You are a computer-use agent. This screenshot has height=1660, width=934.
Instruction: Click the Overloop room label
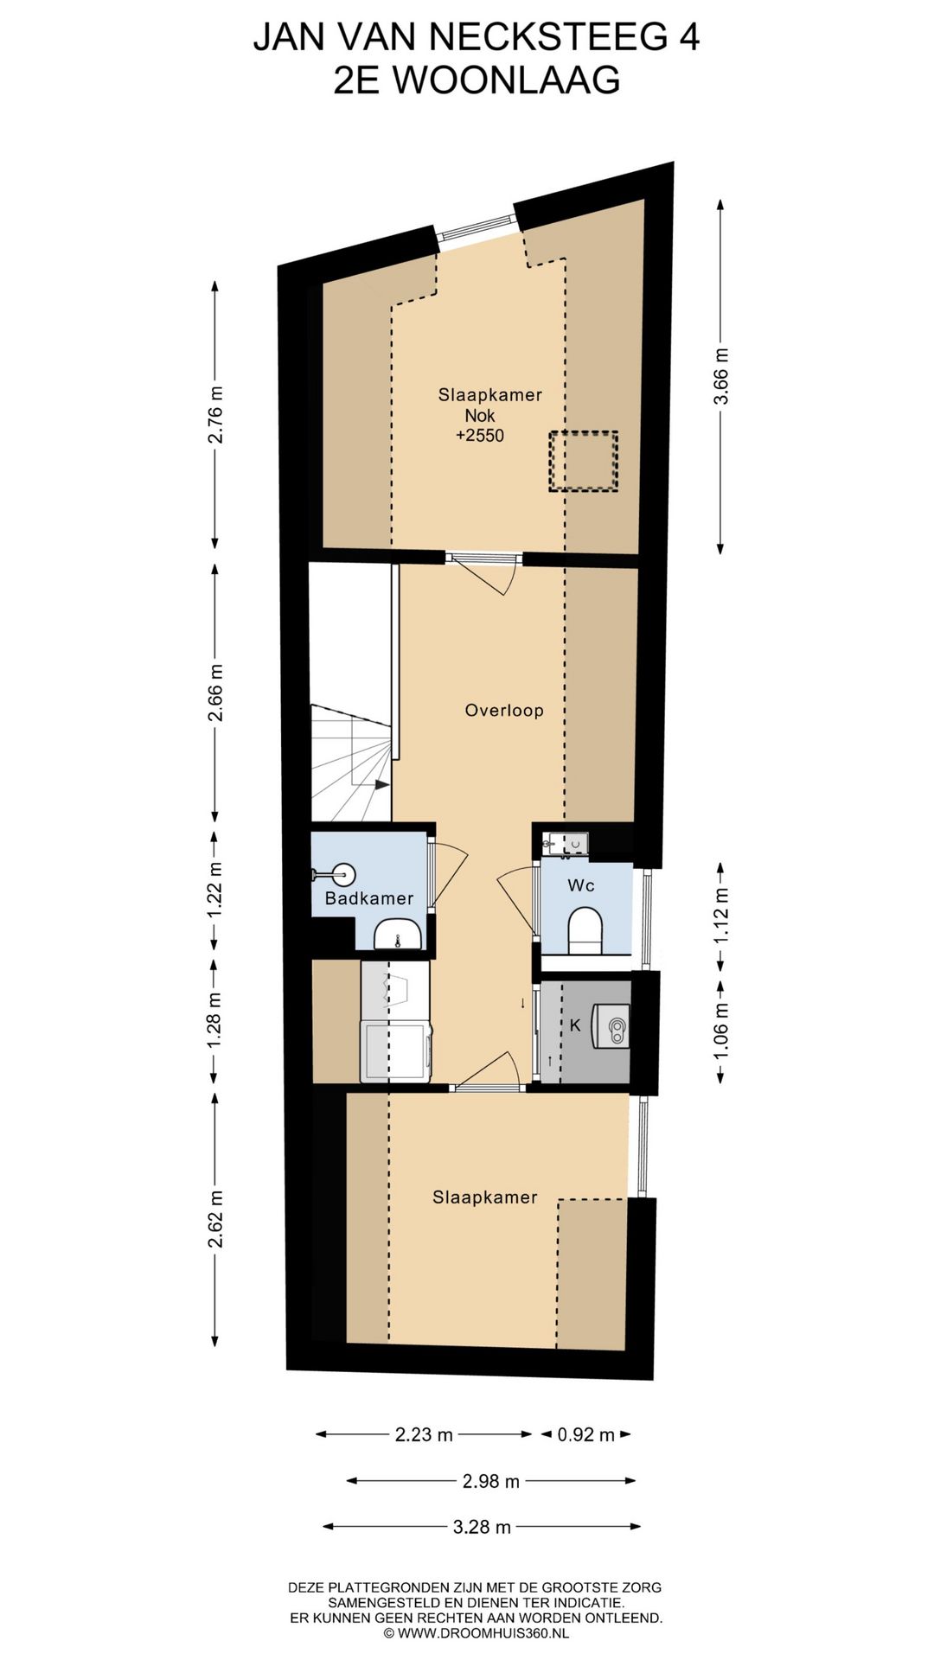click(x=504, y=711)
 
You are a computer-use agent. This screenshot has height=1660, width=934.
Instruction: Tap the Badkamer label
click(x=369, y=898)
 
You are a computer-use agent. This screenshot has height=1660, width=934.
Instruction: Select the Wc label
click(x=581, y=885)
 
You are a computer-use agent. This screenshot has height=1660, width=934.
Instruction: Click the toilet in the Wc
click(x=585, y=931)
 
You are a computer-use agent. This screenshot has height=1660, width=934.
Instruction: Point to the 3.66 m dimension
click(x=723, y=376)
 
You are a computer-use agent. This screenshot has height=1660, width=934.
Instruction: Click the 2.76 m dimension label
click(x=215, y=414)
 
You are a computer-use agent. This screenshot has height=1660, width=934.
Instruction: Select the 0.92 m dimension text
click(x=585, y=1435)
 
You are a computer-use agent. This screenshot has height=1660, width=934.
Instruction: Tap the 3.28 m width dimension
click(x=482, y=1528)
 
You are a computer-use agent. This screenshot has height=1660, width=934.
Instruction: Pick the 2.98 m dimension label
click(x=491, y=1482)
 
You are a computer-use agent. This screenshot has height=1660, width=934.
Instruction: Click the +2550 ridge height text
click(x=480, y=436)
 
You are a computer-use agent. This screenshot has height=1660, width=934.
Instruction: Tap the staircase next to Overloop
click(x=352, y=763)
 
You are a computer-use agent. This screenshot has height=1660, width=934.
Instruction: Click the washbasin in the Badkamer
click(x=398, y=934)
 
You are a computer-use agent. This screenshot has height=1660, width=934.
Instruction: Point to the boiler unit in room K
click(x=611, y=1026)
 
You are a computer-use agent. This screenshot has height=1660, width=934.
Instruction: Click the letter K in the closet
click(x=575, y=1025)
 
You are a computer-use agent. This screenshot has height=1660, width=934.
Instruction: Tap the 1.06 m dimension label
click(x=723, y=1029)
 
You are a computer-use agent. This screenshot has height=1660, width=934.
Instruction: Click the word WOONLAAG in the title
click(x=507, y=80)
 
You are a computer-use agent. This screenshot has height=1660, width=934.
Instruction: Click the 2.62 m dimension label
click(x=215, y=1218)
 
